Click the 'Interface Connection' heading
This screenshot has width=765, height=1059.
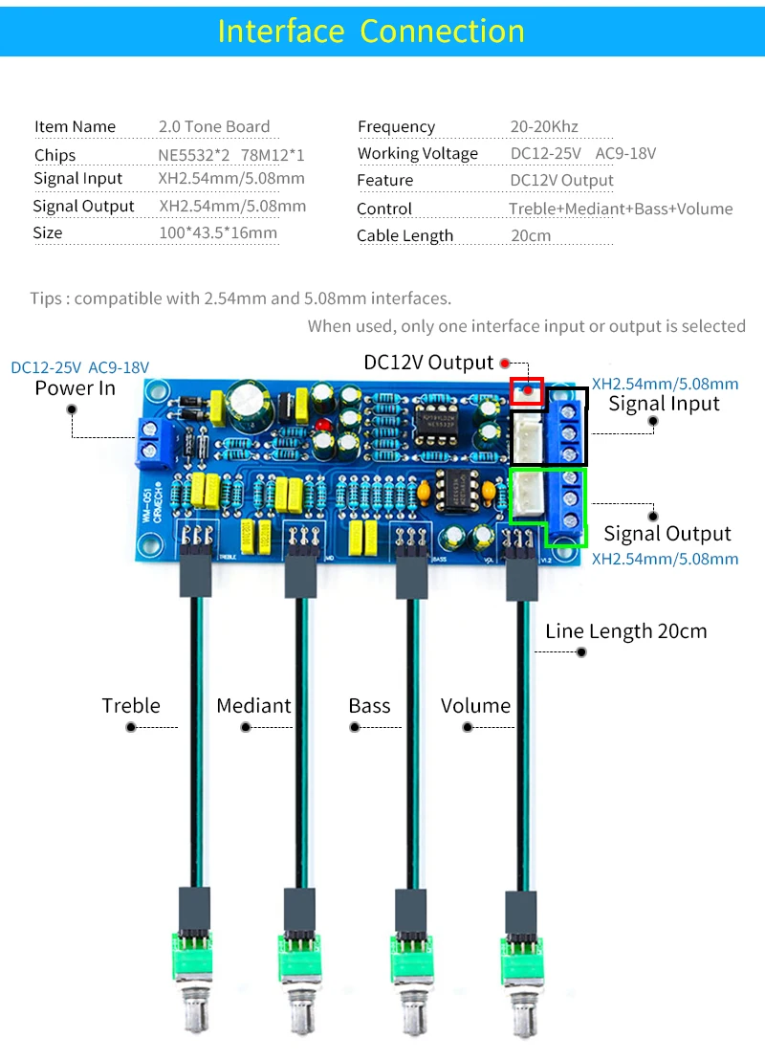pos(371,31)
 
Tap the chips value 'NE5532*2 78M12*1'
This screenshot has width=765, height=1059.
pos(231,154)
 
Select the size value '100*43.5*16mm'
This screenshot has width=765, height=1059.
pos(218,232)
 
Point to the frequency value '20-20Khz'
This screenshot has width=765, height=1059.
pos(544,126)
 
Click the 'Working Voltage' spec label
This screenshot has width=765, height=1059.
pos(417,153)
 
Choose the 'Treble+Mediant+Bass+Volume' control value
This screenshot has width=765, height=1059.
pos(621,209)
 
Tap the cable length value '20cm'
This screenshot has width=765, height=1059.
pos(531,235)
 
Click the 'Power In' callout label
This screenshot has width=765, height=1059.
pos(75,388)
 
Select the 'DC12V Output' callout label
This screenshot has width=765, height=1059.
pos(428,363)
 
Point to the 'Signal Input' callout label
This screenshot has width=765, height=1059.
pos(664,404)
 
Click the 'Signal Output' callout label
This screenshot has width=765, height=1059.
pos(667,534)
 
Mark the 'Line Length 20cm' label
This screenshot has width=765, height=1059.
pos(625,631)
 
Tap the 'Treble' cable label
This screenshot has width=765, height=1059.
pos(131,706)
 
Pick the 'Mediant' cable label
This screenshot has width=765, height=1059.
pos(253,706)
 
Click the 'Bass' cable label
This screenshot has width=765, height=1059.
pos(369,706)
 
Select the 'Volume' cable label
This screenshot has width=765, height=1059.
pos(475,706)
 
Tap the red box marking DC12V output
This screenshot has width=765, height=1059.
pos(527,391)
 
